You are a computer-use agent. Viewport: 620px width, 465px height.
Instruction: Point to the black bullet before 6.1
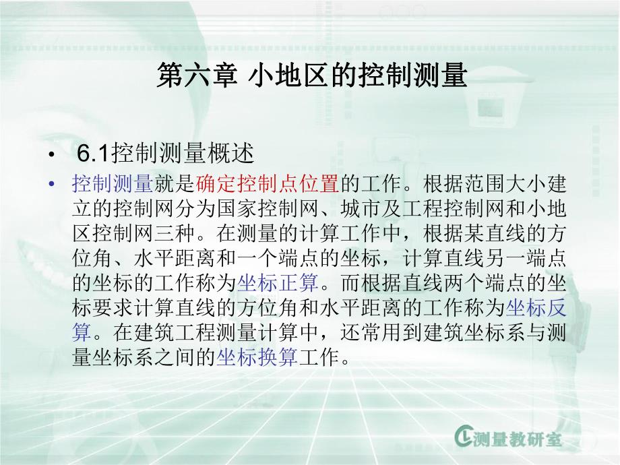click(x=53, y=156)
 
